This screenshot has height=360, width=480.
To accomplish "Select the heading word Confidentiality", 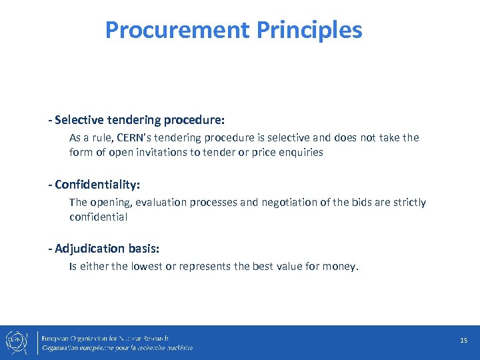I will pyautogui.click(x=97, y=184).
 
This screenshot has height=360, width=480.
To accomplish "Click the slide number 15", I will pyautogui.click(x=463, y=341).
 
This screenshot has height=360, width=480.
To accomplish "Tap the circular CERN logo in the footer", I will pyautogui.click(x=15, y=341).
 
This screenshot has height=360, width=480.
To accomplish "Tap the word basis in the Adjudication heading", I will pyautogui.click(x=143, y=249).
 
